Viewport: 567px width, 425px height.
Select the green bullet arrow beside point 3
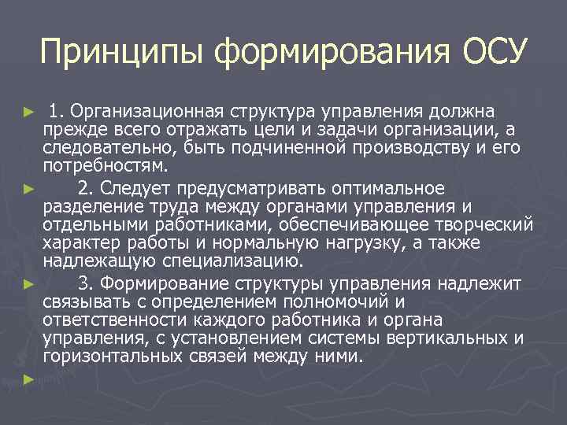point(29,282)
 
